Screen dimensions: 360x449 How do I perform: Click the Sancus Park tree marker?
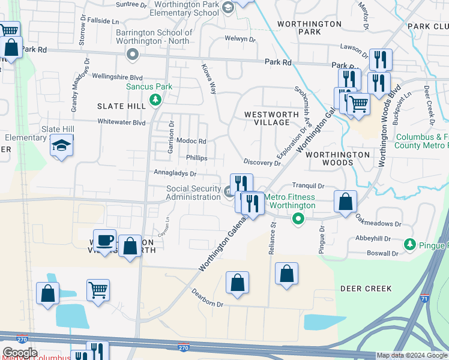[155, 99]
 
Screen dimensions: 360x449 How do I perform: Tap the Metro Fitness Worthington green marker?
[297, 220]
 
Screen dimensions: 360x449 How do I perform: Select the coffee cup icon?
[104, 240]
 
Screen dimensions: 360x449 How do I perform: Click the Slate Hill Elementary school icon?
[61, 145]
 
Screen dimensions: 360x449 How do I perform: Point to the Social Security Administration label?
[193, 193]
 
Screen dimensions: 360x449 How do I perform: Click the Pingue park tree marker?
[410, 244]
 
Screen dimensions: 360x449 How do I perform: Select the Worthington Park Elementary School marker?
[228, 7]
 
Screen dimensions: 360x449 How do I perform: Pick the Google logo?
[20, 352]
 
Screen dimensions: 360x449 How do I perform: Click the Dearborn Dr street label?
[207, 299]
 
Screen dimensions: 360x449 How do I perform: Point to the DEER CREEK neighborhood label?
[366, 289]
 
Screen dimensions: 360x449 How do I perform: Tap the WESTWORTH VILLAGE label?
[268, 118]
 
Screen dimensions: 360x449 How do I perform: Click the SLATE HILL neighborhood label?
[121, 106]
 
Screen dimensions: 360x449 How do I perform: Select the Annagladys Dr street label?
[175, 173]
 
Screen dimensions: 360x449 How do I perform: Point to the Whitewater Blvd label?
[122, 122]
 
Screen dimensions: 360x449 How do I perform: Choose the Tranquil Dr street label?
[308, 186]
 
